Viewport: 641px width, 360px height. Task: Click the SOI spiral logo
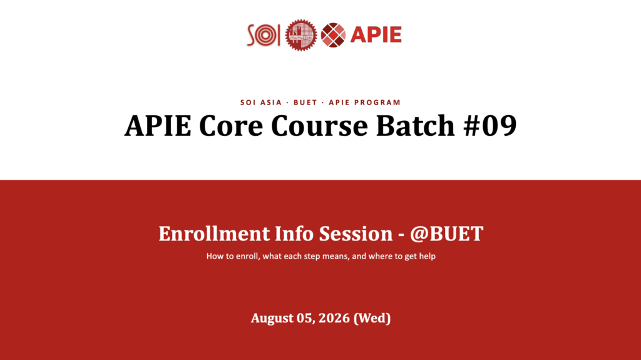pos(264,35)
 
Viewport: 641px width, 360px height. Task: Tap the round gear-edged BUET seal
pos(301,35)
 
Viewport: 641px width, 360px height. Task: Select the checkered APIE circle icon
pos(333,35)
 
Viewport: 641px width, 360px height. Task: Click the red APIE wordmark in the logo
pos(376,35)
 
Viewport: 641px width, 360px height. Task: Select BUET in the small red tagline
pos(305,102)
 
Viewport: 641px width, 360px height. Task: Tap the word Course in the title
pos(319,125)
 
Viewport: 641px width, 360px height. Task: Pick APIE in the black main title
pos(158,125)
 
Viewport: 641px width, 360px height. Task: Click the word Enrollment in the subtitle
pos(214,234)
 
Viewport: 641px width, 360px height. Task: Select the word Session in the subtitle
pos(356,234)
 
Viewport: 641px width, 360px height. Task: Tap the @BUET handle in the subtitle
pos(447,234)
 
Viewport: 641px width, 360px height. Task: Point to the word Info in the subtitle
pos(294,234)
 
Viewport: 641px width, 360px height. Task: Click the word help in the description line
pos(427,257)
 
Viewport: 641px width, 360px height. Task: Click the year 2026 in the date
pos(334,318)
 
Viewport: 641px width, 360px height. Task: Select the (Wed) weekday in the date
pos(372,318)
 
